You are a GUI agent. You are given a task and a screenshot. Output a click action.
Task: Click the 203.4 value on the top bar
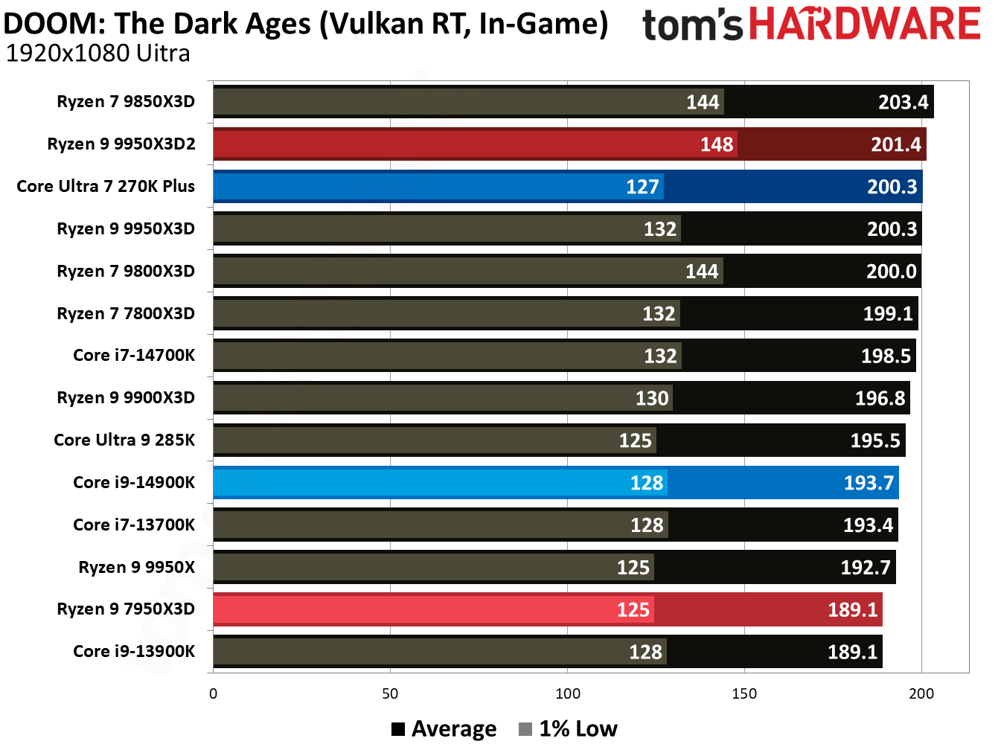(903, 102)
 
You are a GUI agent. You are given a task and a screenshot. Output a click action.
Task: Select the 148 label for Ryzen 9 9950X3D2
(717, 144)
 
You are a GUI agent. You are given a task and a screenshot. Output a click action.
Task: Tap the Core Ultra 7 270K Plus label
(106, 186)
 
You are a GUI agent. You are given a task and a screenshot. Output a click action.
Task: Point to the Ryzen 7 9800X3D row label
(126, 271)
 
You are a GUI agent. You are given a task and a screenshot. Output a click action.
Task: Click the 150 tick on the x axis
(744, 693)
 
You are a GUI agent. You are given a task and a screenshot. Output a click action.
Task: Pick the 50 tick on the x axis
(390, 693)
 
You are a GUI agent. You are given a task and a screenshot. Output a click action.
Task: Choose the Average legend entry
(444, 728)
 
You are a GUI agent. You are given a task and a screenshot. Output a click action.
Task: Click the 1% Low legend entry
(569, 728)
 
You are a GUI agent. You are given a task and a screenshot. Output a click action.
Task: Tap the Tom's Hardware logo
(811, 25)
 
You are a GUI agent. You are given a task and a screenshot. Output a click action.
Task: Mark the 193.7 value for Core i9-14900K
(869, 483)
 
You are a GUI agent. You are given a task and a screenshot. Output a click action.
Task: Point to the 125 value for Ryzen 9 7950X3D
(633, 610)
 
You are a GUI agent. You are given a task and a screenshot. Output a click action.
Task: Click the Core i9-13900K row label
(134, 652)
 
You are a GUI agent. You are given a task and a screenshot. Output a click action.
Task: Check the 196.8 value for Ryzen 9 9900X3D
(880, 399)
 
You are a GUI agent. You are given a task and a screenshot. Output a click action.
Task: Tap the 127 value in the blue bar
(642, 187)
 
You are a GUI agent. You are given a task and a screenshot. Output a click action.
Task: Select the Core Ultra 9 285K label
(124, 440)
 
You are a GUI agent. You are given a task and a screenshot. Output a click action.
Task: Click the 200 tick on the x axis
(921, 693)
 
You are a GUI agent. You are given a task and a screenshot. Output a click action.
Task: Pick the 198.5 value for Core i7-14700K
(886, 356)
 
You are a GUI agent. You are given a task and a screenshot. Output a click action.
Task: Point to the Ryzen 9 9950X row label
(136, 567)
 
